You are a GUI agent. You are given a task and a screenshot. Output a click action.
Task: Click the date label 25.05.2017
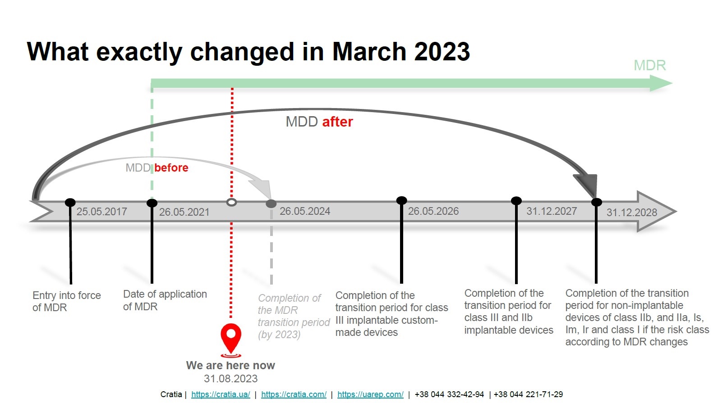[x=101, y=212]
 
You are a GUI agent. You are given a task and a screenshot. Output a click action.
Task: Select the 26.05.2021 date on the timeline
[x=184, y=212]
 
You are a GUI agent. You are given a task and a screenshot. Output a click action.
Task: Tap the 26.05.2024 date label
[x=305, y=211]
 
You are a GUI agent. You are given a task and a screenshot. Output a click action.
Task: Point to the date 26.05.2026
[x=433, y=211]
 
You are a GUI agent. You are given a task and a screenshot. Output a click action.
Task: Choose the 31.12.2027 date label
[x=551, y=211]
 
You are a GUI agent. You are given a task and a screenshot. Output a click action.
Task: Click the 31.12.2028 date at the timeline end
[x=631, y=213]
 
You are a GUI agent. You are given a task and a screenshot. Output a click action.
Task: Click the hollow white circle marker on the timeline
[x=231, y=203]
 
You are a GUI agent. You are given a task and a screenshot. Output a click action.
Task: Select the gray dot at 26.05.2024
[x=271, y=204]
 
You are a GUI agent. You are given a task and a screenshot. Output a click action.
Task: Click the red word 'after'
[x=337, y=122]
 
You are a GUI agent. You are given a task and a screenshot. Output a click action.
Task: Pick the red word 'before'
[x=171, y=168]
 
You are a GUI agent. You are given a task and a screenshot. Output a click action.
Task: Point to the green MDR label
[x=649, y=66]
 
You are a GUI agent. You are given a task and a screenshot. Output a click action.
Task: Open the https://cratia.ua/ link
[x=221, y=394]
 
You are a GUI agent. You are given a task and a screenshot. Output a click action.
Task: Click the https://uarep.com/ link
[x=370, y=394]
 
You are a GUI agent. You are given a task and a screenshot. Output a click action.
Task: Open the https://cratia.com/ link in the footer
[x=294, y=394]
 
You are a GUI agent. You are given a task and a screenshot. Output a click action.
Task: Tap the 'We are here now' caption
[x=230, y=365]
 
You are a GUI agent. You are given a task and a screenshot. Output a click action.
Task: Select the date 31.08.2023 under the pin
[x=230, y=379]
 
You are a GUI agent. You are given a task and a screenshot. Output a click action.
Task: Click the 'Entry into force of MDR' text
[x=66, y=301]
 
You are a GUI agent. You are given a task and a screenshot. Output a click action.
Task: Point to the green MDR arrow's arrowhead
[x=661, y=83]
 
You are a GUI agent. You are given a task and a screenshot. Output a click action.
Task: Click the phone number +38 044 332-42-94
[x=449, y=394]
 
